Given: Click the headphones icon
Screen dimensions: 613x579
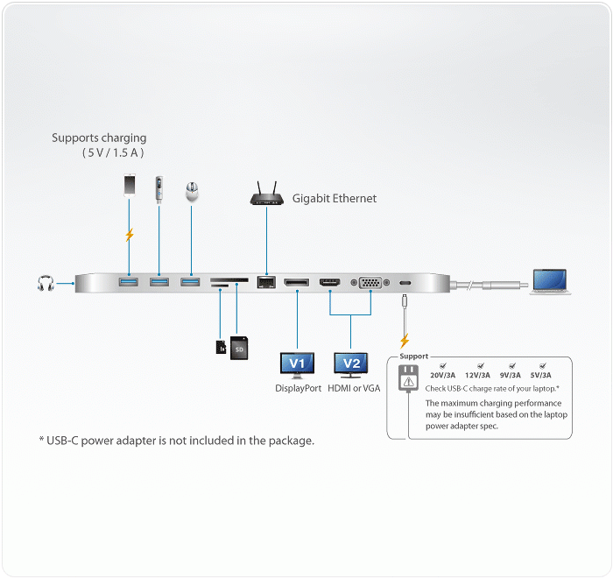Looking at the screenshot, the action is pyautogui.click(x=46, y=283).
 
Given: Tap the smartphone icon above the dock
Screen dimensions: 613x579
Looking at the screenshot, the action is pyautogui.click(x=130, y=185).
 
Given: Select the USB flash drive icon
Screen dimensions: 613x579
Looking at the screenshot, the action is pyautogui.click(x=159, y=189).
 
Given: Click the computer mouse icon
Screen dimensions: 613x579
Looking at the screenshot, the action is pyautogui.click(x=192, y=192).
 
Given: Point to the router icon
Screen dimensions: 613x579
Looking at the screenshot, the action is pyautogui.click(x=266, y=194).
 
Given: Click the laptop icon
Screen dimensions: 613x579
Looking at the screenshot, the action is pyautogui.click(x=550, y=281).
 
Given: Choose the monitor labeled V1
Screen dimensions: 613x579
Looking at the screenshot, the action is pyautogui.click(x=297, y=365).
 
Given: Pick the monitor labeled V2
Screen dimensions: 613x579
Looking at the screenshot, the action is pyautogui.click(x=350, y=365).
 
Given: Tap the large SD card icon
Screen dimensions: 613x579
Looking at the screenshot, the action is pyautogui.click(x=239, y=348).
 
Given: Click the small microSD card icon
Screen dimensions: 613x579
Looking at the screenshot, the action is pyautogui.click(x=221, y=347).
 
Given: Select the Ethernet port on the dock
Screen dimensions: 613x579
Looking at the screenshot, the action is pyautogui.click(x=266, y=282).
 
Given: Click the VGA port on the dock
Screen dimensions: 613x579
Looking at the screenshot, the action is pyautogui.click(x=370, y=282).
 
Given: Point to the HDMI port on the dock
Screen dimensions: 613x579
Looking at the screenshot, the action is pyautogui.click(x=330, y=282).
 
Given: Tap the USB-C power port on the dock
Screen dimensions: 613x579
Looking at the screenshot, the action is pyautogui.click(x=405, y=283).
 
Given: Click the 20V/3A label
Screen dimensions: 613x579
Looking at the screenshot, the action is pyautogui.click(x=442, y=375).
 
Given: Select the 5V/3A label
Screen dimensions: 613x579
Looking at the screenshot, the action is pyautogui.click(x=540, y=375).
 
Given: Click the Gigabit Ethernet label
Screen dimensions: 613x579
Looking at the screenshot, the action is pyautogui.click(x=335, y=199).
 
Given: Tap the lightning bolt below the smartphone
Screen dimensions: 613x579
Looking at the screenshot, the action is pyautogui.click(x=130, y=235).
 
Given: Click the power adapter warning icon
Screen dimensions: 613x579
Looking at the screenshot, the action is pyautogui.click(x=409, y=378).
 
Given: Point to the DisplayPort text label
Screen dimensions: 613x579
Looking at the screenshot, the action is pyautogui.click(x=299, y=388).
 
